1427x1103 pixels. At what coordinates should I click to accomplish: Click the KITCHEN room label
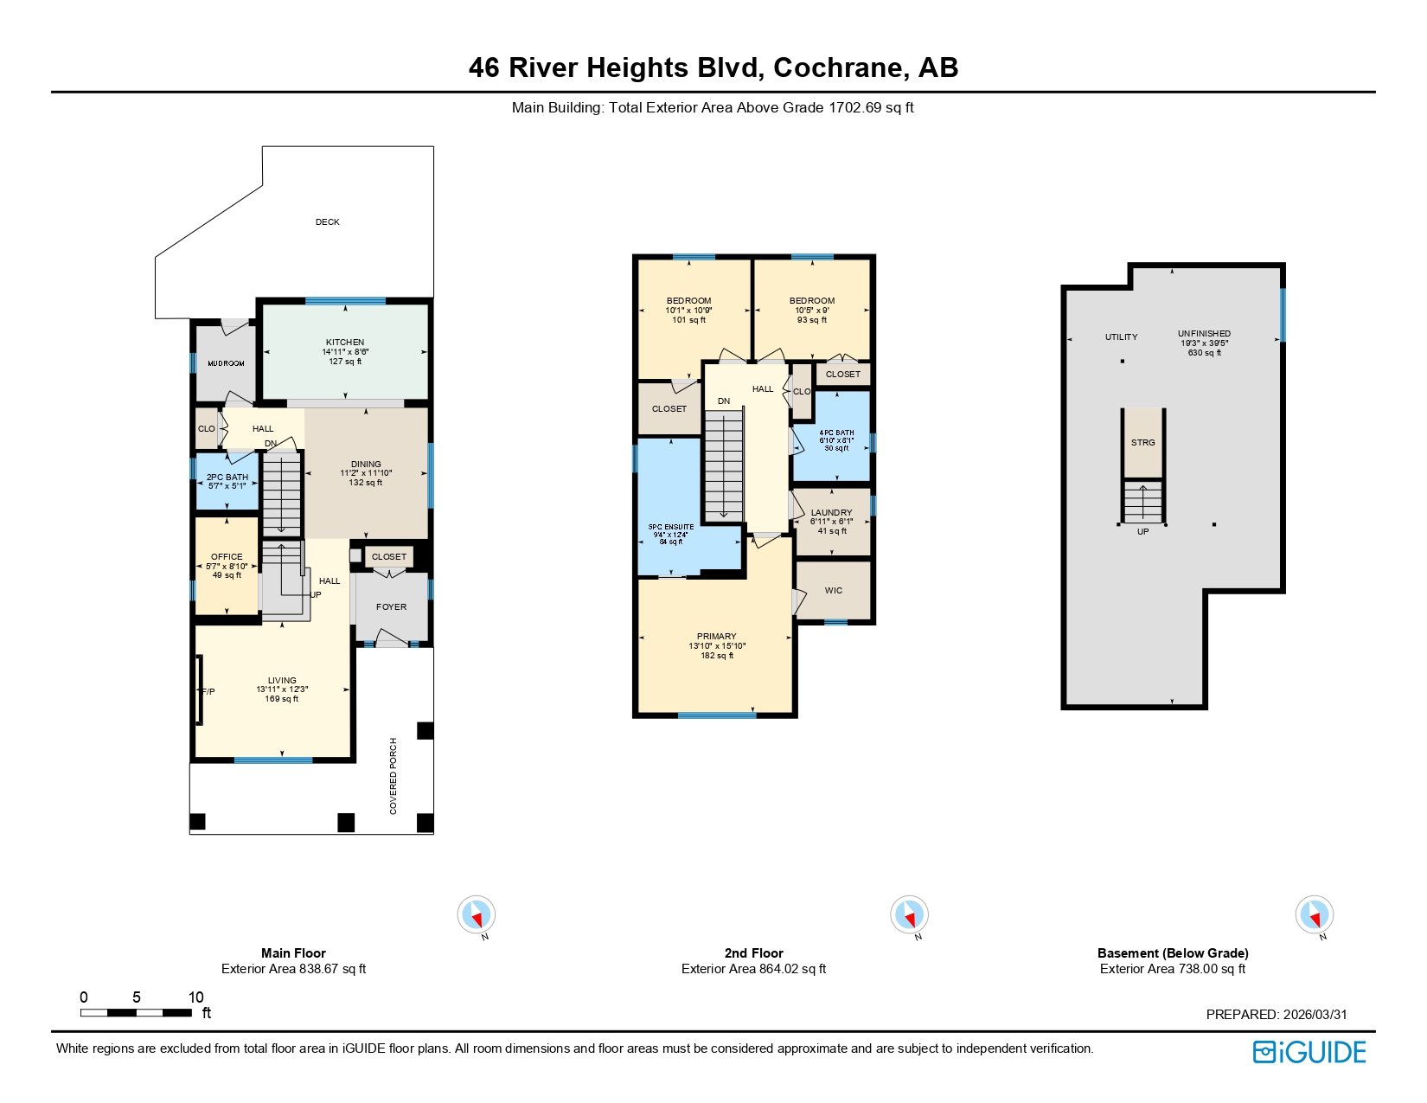click(344, 343)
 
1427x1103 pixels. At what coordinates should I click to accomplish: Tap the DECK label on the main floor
click(327, 222)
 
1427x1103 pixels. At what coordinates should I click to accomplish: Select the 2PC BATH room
click(227, 481)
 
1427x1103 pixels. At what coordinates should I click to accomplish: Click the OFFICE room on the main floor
click(227, 565)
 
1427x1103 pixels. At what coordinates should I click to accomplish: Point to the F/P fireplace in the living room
click(206, 691)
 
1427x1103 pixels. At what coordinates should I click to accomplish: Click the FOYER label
click(391, 607)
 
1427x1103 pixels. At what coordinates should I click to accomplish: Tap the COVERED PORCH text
click(394, 775)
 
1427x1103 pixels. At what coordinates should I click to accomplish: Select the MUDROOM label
click(226, 363)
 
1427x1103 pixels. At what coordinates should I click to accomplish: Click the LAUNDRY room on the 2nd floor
click(831, 521)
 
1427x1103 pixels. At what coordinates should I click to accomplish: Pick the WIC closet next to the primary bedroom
click(833, 591)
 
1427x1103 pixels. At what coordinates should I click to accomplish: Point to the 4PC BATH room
click(836, 439)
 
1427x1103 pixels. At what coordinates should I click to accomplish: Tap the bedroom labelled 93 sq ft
click(811, 310)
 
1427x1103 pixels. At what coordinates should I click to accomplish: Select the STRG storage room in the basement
click(1142, 443)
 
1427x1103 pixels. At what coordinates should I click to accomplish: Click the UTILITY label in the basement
click(1121, 337)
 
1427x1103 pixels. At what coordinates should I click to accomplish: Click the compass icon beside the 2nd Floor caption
click(909, 914)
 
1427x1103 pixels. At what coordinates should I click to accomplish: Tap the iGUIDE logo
click(1309, 1052)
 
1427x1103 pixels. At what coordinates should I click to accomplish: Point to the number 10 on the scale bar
click(195, 997)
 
